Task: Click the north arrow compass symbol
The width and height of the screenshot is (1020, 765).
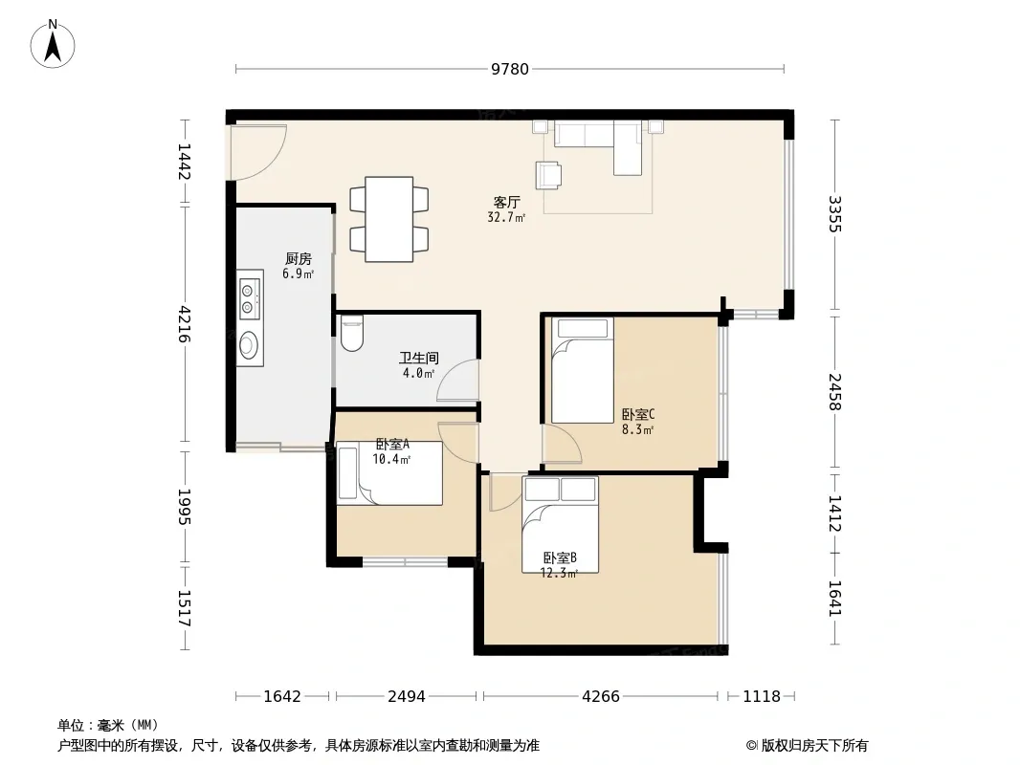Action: point(53,44)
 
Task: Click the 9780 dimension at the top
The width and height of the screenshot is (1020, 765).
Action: point(510,69)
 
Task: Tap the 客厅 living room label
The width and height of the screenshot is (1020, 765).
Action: point(507,202)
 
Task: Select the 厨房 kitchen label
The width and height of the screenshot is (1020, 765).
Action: point(299,259)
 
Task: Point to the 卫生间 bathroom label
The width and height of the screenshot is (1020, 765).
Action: point(419,358)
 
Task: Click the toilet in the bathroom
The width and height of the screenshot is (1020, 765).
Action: point(352,334)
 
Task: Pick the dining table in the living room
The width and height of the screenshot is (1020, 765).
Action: point(389,219)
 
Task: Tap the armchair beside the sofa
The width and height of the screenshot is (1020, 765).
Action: point(548,175)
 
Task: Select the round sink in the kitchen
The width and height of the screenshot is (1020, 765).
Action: point(249,344)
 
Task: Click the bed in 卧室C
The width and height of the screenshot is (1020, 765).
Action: point(583,370)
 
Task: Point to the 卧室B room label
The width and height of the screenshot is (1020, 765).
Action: point(560,557)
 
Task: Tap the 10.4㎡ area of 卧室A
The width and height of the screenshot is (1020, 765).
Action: point(391,460)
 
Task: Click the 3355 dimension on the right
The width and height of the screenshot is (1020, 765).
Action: point(835,214)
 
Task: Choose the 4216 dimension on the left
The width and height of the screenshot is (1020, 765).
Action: point(185,323)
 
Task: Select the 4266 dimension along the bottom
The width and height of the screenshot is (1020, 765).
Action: point(600,697)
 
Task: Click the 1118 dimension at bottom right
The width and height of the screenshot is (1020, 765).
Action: point(762,697)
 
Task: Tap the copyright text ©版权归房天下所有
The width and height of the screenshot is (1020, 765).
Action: point(807,746)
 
